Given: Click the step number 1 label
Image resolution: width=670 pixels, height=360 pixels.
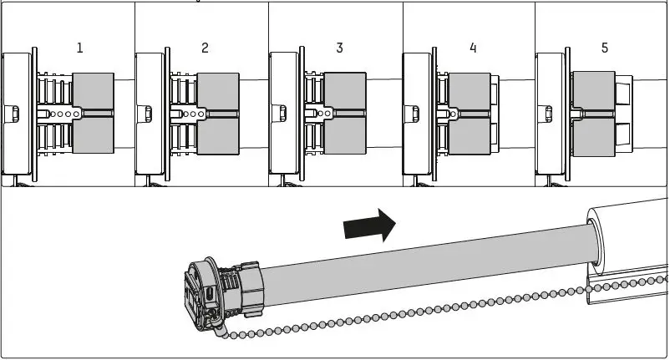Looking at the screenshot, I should tap(80, 48).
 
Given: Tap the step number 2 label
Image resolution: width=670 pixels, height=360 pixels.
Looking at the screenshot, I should tap(206, 48).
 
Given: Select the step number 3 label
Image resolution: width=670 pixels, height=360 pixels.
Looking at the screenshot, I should tap(339, 48).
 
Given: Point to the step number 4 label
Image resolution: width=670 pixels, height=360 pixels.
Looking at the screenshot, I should tap(473, 48).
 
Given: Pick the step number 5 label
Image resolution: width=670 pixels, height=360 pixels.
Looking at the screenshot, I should tap(605, 48).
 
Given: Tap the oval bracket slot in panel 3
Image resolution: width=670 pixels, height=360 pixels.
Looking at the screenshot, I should tap(282, 112).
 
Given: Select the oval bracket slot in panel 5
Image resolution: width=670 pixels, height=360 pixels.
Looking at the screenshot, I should tap(549, 112).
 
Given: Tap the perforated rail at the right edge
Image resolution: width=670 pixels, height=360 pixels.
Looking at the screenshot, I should tap(635, 284).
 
